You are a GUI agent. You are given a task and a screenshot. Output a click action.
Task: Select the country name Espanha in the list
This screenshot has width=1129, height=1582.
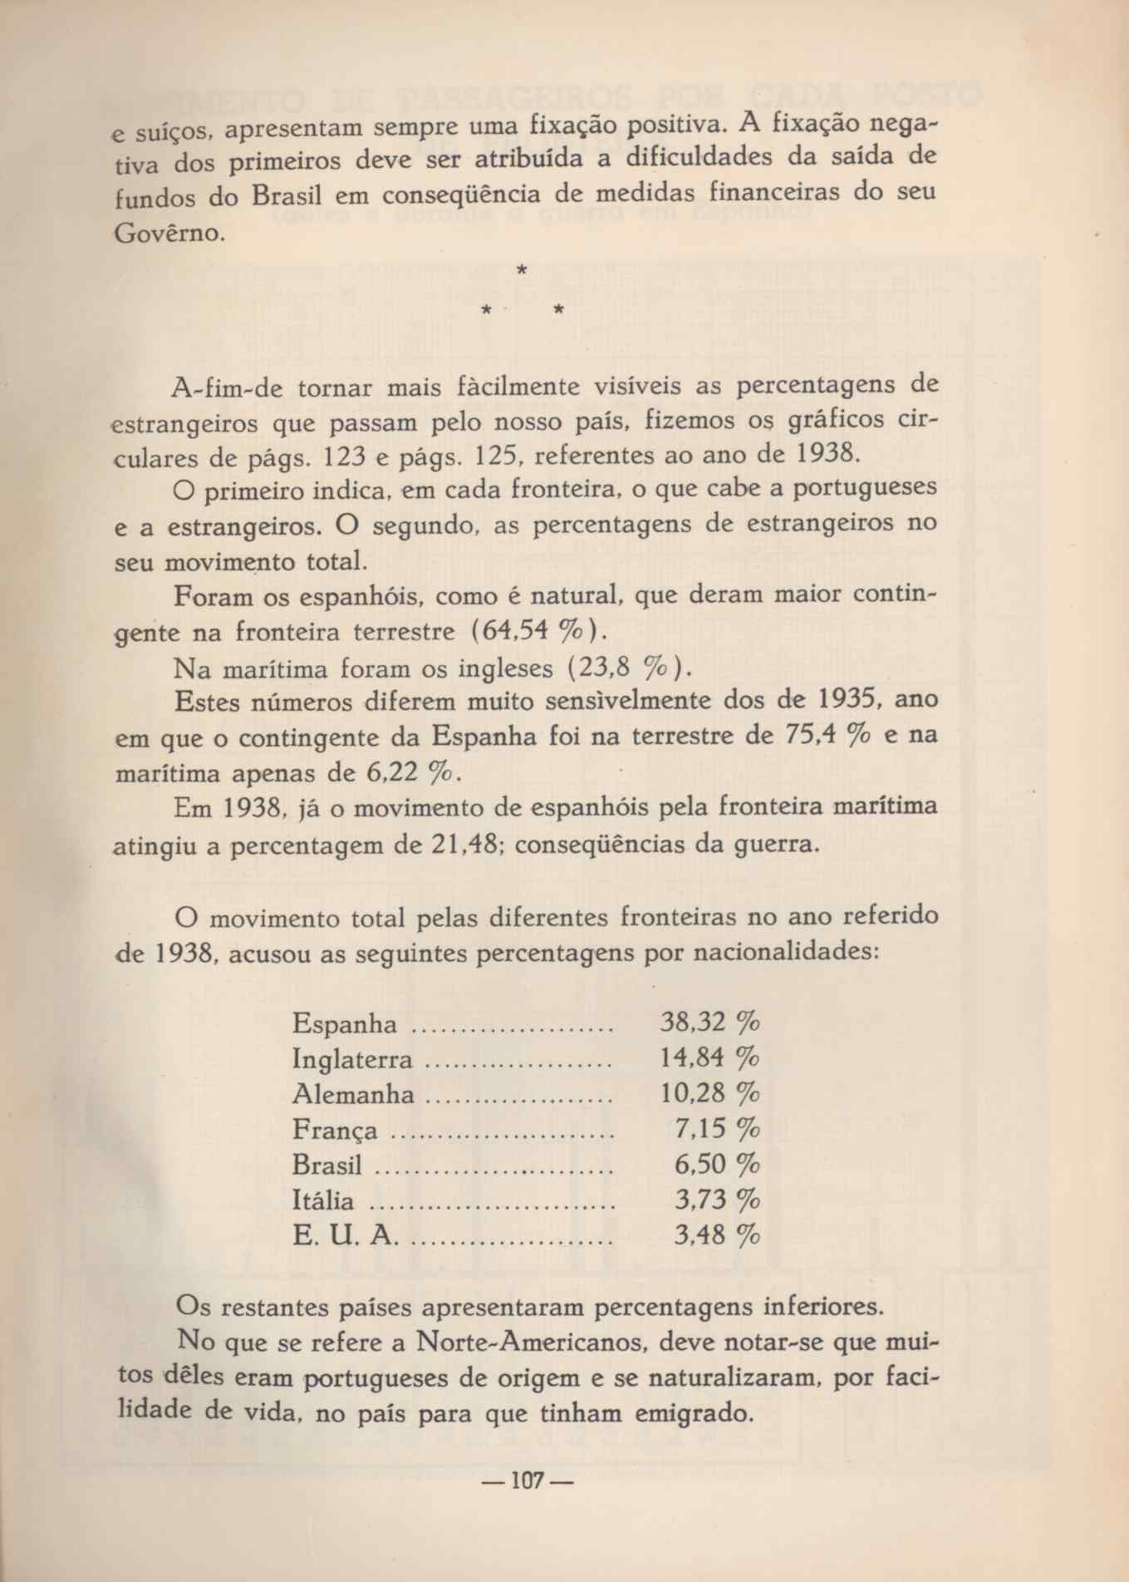point(345,1023)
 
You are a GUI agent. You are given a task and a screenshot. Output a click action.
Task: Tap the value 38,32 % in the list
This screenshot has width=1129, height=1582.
point(709,1021)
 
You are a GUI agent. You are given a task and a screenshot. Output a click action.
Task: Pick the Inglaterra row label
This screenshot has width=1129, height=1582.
point(352,1059)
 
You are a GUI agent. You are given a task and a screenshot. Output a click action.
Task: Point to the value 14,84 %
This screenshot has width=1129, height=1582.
point(709,1057)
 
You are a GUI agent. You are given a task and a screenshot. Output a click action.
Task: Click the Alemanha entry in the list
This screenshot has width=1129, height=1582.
point(353,1094)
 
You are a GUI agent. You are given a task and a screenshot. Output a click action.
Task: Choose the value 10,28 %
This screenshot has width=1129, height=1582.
point(709,1092)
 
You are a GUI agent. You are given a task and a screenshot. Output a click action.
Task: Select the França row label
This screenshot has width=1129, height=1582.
point(335,1131)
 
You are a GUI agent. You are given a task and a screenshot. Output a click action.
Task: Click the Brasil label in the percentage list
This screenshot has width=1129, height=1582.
point(327,1165)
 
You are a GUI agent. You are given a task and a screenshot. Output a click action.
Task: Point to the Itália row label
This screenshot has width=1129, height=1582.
point(324,1200)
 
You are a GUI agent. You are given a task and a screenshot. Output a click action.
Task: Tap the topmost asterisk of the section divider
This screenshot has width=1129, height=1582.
point(522,270)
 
